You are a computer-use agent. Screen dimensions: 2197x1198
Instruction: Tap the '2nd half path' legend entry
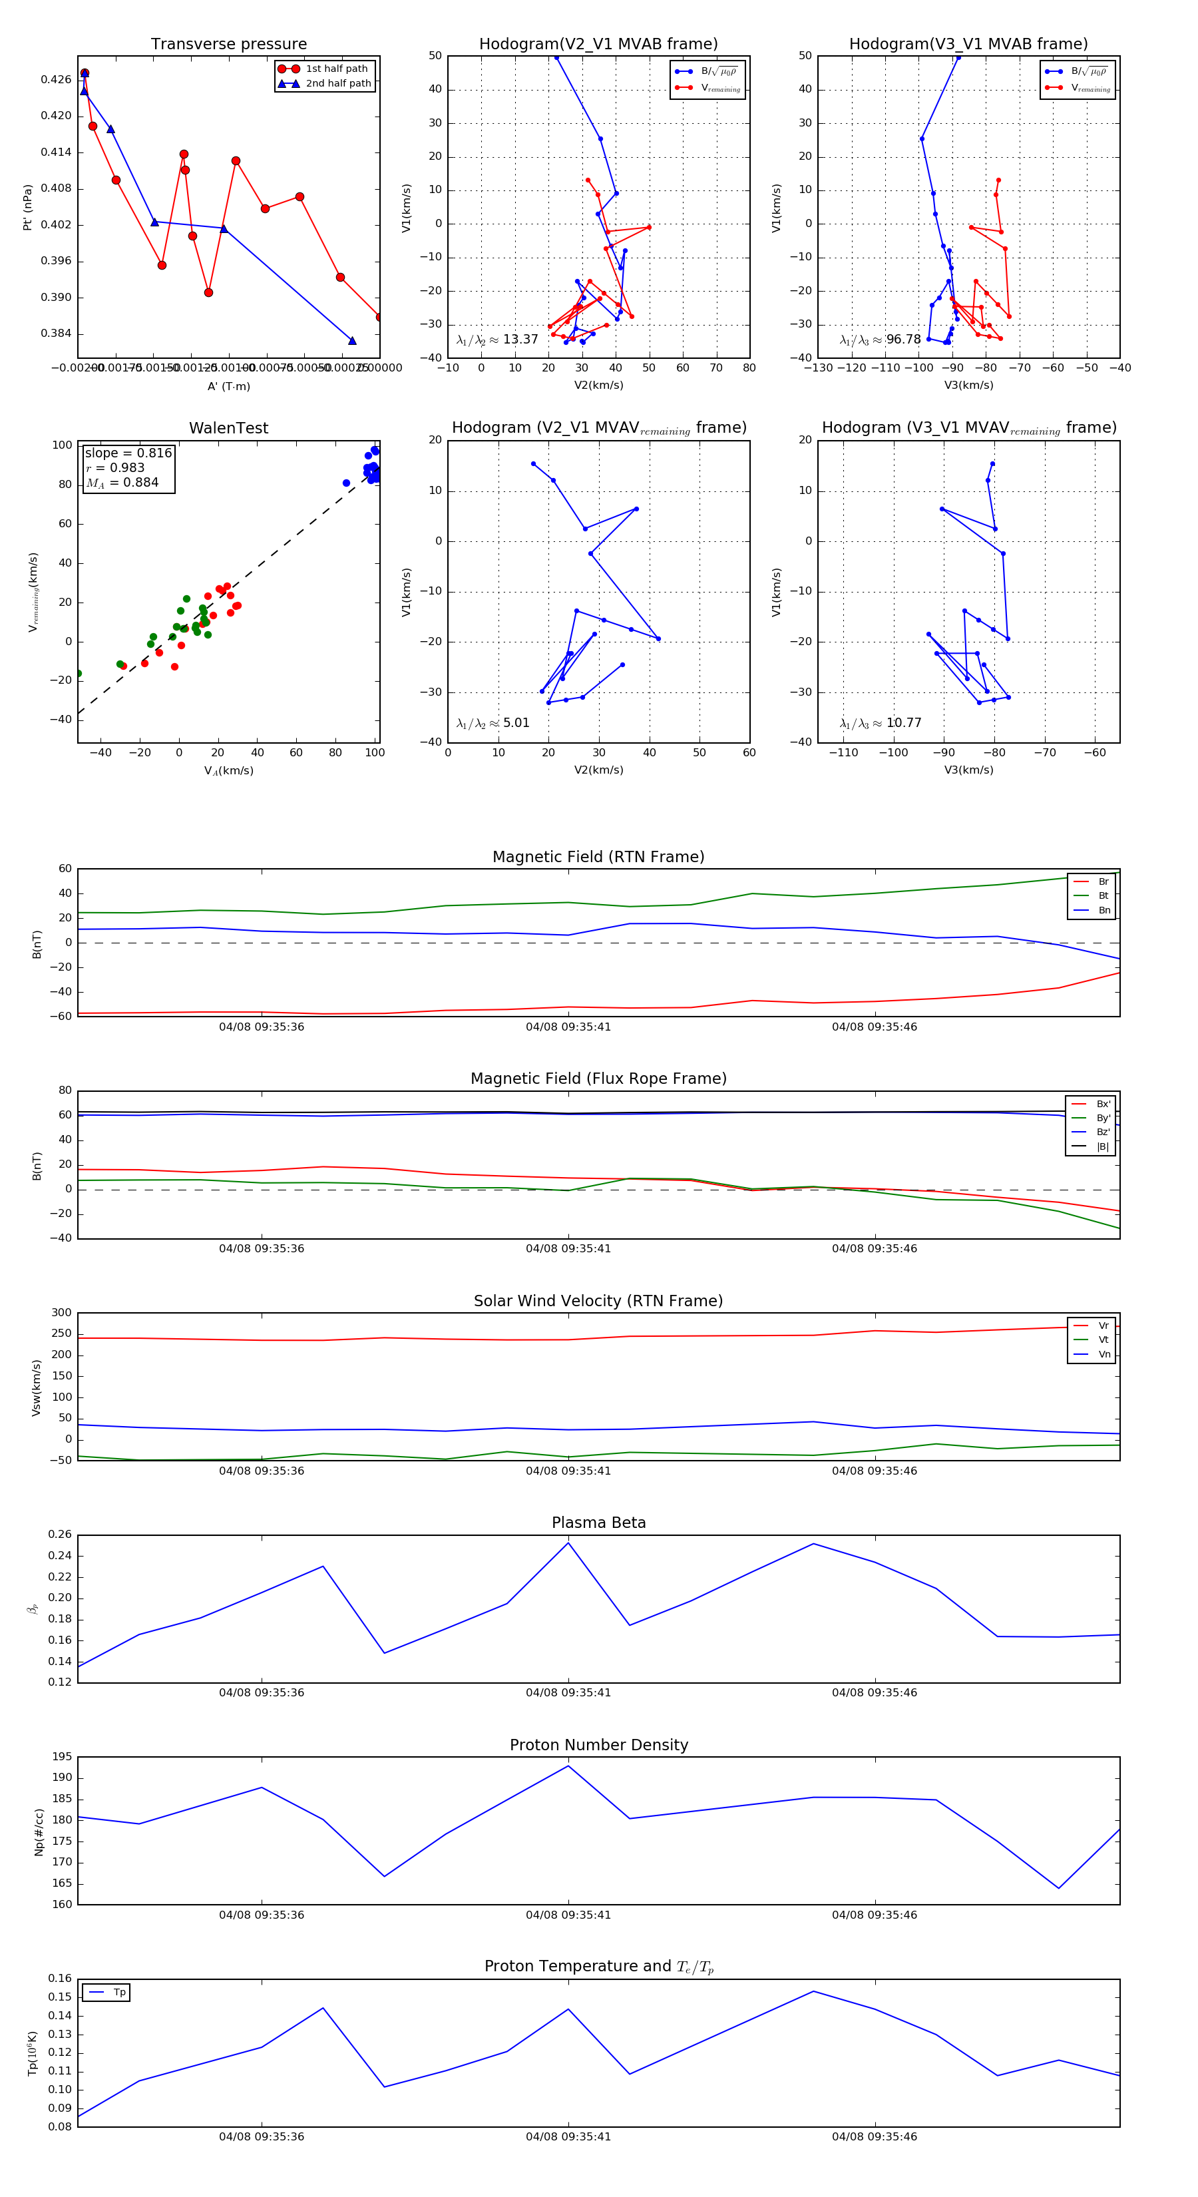click(x=337, y=84)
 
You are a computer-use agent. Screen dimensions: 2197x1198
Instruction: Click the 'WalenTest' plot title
click(x=228, y=428)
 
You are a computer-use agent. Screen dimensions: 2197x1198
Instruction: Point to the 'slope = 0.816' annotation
click(x=128, y=453)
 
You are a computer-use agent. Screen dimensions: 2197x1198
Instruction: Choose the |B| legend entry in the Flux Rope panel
click(x=1101, y=1146)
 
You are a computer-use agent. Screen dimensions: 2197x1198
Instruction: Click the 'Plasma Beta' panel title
click(x=598, y=1523)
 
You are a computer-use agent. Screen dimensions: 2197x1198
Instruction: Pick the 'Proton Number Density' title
click(x=598, y=1745)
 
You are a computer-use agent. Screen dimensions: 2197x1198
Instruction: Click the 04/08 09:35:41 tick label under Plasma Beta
click(x=568, y=1692)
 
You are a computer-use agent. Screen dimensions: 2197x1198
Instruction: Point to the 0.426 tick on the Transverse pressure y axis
click(x=57, y=79)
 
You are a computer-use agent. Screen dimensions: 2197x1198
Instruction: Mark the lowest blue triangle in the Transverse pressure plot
click(x=352, y=341)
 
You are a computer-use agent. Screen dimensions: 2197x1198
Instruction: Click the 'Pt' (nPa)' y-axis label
click(x=27, y=207)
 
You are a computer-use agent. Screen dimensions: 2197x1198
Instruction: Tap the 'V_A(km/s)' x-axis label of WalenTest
click(x=228, y=770)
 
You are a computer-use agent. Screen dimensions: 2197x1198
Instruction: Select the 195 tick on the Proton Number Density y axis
click(x=61, y=1757)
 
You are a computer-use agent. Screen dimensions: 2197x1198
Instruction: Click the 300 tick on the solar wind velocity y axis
click(x=61, y=1313)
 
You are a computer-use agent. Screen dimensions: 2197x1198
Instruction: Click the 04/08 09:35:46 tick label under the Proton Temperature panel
click(x=874, y=2136)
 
